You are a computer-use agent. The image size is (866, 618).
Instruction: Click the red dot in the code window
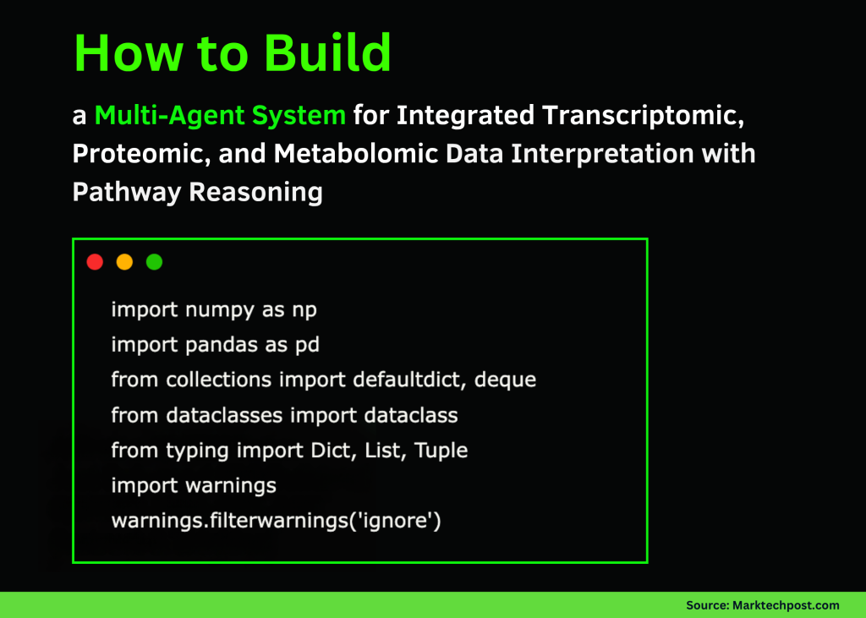[x=95, y=262]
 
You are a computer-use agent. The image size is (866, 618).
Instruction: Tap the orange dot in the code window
[x=124, y=262]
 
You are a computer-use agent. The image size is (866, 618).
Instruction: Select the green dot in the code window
[x=154, y=262]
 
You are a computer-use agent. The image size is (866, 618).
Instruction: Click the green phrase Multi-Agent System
[x=220, y=115]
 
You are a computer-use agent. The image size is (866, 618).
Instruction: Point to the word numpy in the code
[x=214, y=309]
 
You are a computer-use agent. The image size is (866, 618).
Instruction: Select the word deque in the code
[x=505, y=380]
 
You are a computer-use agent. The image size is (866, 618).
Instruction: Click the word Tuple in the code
[x=440, y=450]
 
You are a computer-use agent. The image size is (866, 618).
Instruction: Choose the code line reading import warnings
[x=194, y=485]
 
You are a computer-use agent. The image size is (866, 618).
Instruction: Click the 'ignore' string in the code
[x=397, y=520]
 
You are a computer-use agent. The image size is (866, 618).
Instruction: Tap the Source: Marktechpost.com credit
[x=762, y=605]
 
